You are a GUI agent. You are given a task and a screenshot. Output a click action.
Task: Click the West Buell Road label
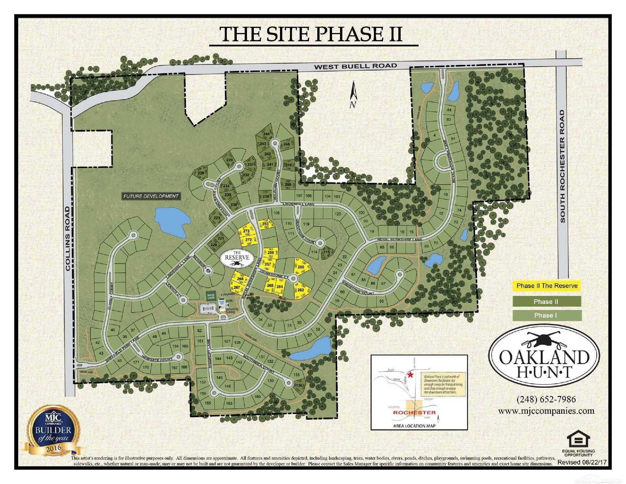pyautogui.click(x=355, y=66)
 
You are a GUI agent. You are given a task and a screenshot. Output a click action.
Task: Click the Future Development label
pyautogui.click(x=151, y=196)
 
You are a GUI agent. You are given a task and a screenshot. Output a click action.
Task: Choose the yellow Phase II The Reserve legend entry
pyautogui.click(x=547, y=286)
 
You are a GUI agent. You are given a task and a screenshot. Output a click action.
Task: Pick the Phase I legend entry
pyautogui.click(x=547, y=315)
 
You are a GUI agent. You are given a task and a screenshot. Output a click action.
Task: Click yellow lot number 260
pyautogui.click(x=301, y=267)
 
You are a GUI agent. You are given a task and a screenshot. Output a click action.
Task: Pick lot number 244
pyautogui.click(x=267, y=134)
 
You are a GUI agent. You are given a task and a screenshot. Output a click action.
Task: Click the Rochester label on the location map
pyautogui.click(x=414, y=413)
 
